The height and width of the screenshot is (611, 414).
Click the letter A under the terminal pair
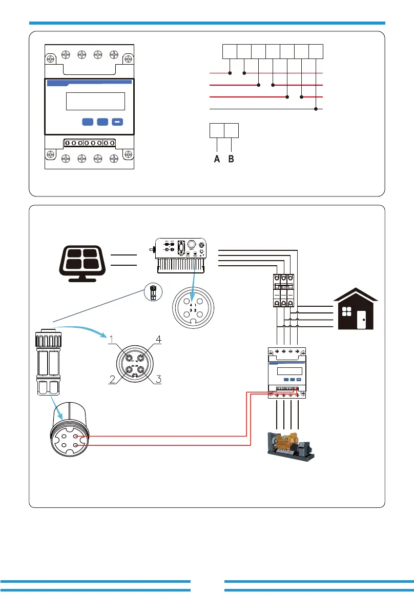tap(217, 160)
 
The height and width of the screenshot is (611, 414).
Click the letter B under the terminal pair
tap(231, 160)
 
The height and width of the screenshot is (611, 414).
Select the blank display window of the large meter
tap(96, 101)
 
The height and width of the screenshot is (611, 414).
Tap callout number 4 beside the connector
tap(159, 339)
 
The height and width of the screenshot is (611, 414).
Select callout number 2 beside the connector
tap(112, 380)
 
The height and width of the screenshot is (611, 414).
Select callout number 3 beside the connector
tap(159, 380)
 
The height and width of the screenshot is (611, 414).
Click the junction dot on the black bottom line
tap(316, 109)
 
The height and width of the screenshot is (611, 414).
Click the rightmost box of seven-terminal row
tap(316, 51)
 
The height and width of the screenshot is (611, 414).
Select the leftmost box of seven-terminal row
tap(230, 51)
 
